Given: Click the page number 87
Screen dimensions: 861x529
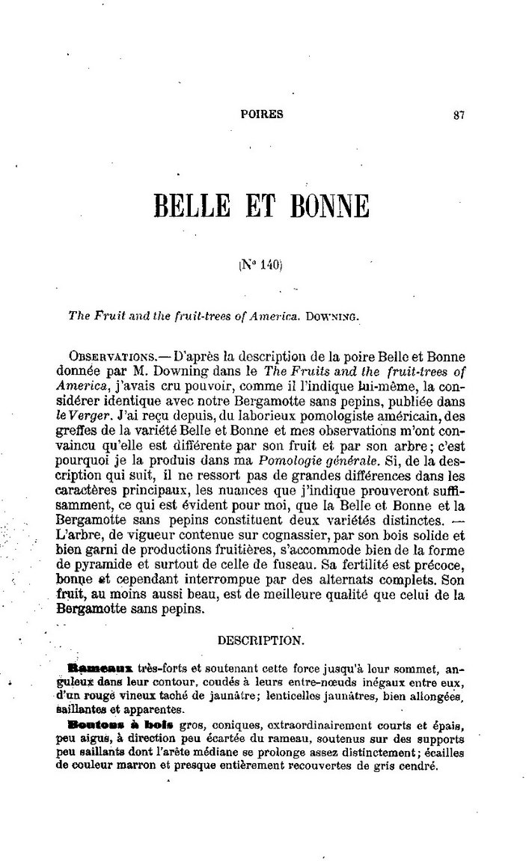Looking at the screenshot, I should coord(459,115).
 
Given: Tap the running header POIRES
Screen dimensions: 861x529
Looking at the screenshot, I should coord(263,115).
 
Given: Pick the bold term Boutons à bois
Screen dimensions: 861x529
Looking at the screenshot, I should coord(110,725).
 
